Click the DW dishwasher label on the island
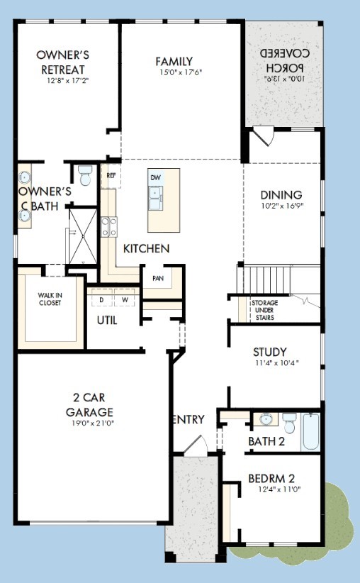pyautogui.click(x=156, y=178)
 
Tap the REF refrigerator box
pyautogui.click(x=111, y=175)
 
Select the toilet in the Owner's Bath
pyautogui.click(x=85, y=175)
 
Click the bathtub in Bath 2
pyautogui.click(x=310, y=431)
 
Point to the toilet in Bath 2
pyautogui.click(x=289, y=423)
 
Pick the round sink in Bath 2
pyautogui.click(x=266, y=419)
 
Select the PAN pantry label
pyautogui.click(x=158, y=278)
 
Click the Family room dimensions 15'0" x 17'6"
pyautogui.click(x=181, y=72)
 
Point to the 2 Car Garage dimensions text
pyautogui.click(x=93, y=423)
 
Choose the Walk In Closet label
pyautogui.click(x=50, y=299)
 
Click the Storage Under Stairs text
pyautogui.click(x=265, y=310)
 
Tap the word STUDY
pyautogui.click(x=270, y=352)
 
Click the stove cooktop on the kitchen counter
pyautogui.click(x=109, y=227)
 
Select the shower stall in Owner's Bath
pyautogui.click(x=83, y=236)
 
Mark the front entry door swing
pyautogui.click(x=196, y=445)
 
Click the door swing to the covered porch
pyautogui.click(x=264, y=135)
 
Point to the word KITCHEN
pyautogui.click(x=147, y=248)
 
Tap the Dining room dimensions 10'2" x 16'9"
pyautogui.click(x=282, y=206)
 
